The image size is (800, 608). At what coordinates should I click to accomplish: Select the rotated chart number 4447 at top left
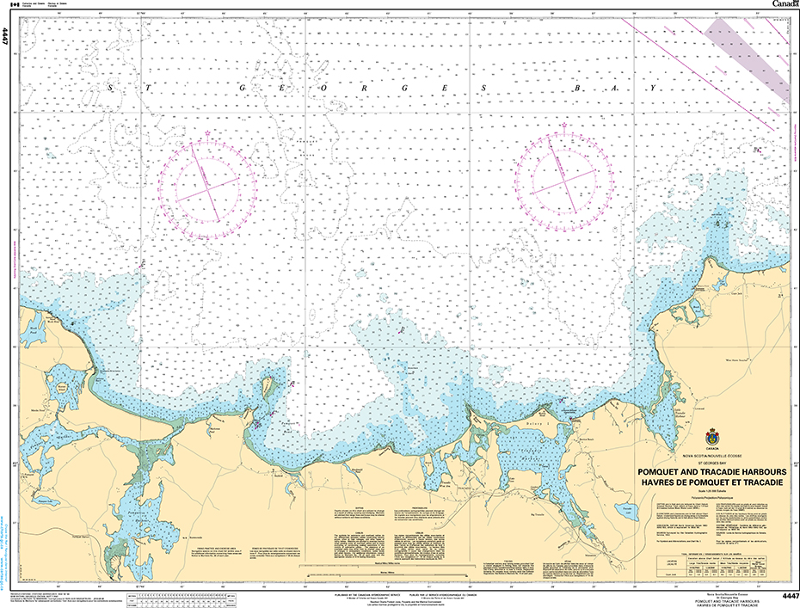pos(6,37)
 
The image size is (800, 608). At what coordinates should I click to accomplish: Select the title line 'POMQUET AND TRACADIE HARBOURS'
pos(711,472)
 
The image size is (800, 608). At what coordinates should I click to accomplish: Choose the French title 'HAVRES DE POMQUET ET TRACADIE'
pos(711,482)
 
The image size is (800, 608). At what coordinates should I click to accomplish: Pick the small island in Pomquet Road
pos(267,388)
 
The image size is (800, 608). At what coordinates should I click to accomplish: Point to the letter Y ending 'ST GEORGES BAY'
pos(654,89)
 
